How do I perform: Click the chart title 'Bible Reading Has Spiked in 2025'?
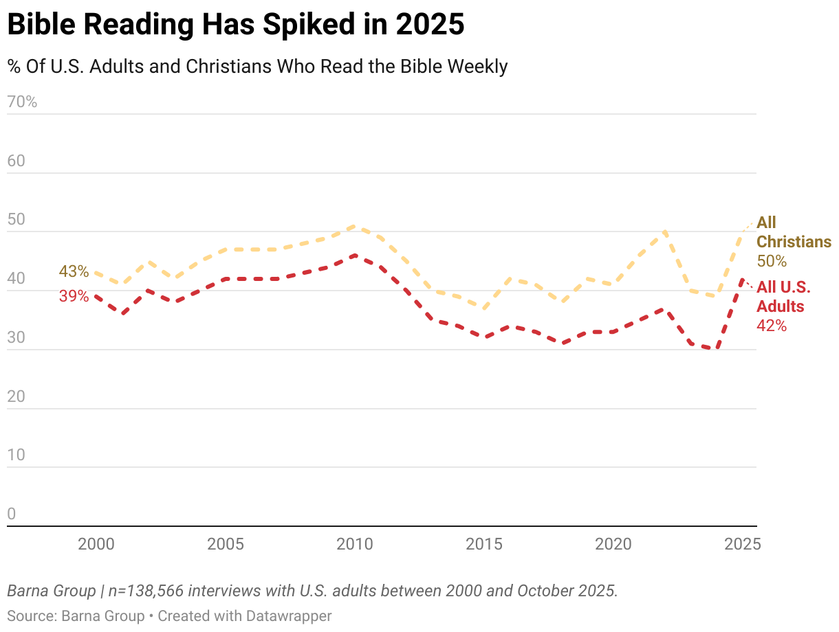pyautogui.click(x=235, y=25)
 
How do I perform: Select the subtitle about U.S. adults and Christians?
pyautogui.click(x=257, y=67)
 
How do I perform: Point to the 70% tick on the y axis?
pyautogui.click(x=22, y=102)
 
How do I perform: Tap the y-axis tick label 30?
pyautogui.click(x=17, y=338)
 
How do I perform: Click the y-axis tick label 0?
pyautogui.click(x=11, y=515)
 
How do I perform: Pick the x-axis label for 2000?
pyautogui.click(x=96, y=544)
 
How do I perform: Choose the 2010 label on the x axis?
pyautogui.click(x=354, y=544)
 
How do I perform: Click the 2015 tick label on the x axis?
pyautogui.click(x=483, y=544)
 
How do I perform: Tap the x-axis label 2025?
pyautogui.click(x=742, y=544)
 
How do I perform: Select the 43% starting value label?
pyautogui.click(x=74, y=271)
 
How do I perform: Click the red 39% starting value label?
pyautogui.click(x=74, y=296)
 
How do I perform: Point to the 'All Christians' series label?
pyautogui.click(x=793, y=232)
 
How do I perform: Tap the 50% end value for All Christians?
pyautogui.click(x=771, y=261)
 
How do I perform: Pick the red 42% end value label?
pyautogui.click(x=771, y=326)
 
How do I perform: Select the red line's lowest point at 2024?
pyautogui.click(x=716, y=349)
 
